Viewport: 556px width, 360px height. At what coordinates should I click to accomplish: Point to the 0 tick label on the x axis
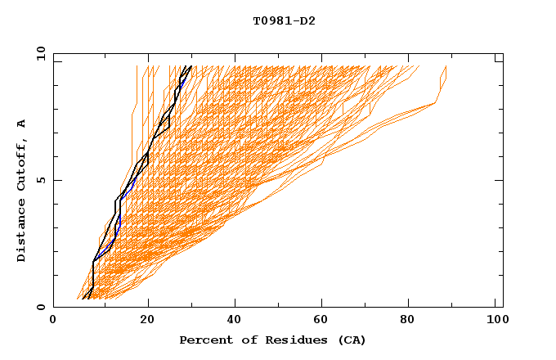point(53,321)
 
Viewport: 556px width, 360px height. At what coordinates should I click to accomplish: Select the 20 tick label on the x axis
point(147,321)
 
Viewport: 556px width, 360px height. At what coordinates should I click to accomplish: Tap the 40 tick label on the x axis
point(236,321)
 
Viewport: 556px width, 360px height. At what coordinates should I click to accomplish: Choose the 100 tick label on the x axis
point(495,321)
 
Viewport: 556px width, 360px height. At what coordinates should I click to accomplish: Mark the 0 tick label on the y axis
point(40,308)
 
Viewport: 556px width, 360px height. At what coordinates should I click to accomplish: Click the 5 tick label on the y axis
point(40,180)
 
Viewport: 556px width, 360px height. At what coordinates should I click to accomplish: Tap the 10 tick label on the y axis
point(38,53)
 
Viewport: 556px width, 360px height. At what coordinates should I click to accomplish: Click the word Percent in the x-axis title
point(202,340)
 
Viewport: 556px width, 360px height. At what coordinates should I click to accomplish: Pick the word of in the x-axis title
point(240,340)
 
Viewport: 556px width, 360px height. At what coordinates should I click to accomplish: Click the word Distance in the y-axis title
point(21,233)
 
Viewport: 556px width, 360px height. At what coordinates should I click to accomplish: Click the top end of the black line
point(191,66)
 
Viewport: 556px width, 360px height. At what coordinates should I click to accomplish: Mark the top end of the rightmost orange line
point(446,66)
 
